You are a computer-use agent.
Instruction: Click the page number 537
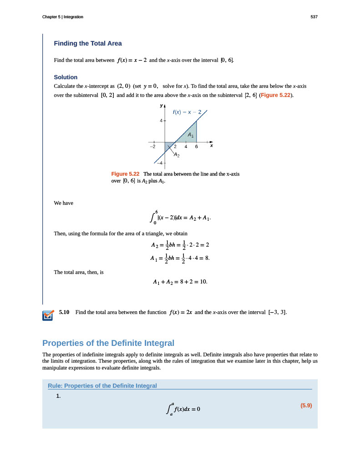coord(314,17)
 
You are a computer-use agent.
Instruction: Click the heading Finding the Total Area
coord(88,44)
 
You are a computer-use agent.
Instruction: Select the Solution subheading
coord(66,77)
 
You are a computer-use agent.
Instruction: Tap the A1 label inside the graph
coord(191,135)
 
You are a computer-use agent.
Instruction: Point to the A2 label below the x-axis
coord(177,155)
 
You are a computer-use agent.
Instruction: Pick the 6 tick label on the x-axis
coord(196,147)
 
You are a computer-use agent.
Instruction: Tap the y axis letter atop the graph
coord(161,105)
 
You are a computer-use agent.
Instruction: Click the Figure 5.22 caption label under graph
coord(125,174)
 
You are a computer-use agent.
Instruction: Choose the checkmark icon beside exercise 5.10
coord(47,315)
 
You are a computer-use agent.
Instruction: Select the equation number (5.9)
coord(306,405)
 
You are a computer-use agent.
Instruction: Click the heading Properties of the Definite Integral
coord(108,343)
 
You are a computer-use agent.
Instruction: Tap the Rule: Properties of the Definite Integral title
coord(102,386)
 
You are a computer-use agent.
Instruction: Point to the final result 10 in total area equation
coord(203,282)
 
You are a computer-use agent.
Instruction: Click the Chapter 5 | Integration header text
coord(62,17)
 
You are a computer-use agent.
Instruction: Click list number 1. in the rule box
coord(58,396)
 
